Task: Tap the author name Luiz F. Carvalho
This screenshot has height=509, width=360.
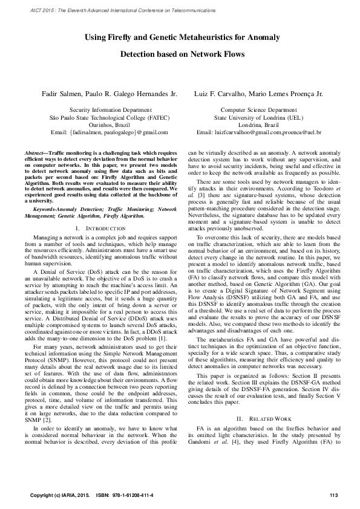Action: click(x=215, y=94)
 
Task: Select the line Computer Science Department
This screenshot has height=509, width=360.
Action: click(x=259, y=111)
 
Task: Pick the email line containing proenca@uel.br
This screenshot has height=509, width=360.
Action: click(x=259, y=132)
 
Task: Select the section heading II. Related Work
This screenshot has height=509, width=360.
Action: click(x=259, y=419)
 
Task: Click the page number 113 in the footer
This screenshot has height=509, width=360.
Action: click(x=332, y=496)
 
